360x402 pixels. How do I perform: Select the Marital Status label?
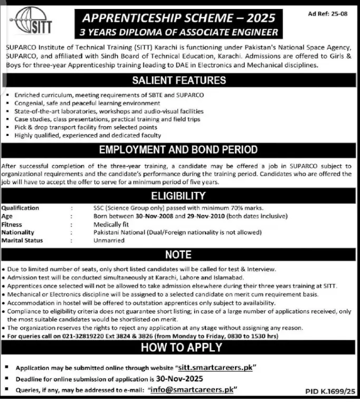(22, 240)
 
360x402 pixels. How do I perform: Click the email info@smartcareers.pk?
(191, 389)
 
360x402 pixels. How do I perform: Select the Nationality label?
(18, 232)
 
